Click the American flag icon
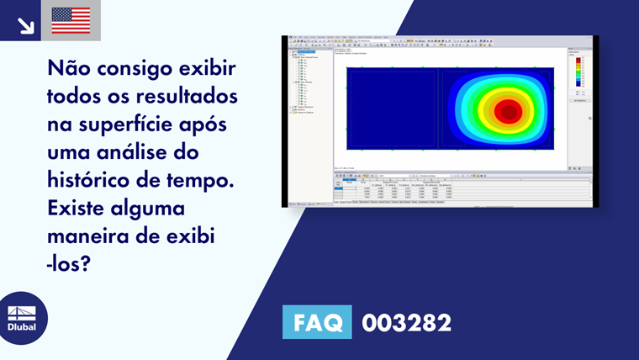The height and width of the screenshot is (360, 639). tap(71, 19)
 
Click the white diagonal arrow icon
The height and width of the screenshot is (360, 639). tap(25, 24)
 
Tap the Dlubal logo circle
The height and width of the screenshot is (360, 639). tap(23, 318)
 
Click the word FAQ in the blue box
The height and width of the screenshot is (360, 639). tap(317, 322)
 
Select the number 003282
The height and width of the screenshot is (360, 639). tap(406, 322)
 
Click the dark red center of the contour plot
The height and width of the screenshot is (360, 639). tap(507, 110)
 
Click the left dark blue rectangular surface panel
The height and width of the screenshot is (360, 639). tap(391, 109)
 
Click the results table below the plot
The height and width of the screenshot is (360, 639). tap(454, 189)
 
